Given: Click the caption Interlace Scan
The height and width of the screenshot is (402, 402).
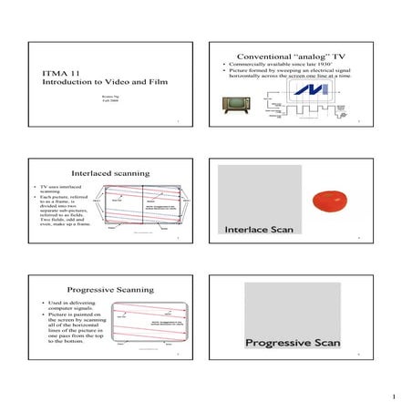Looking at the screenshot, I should tap(259, 230).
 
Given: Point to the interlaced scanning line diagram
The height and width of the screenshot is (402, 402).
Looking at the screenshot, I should tap(144, 209).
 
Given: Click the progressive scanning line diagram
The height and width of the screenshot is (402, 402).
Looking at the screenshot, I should tap(147, 324).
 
